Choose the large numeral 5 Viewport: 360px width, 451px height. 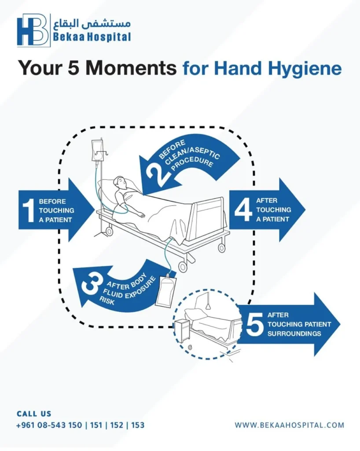(x=254, y=324)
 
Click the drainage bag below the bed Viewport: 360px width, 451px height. (x=166, y=289)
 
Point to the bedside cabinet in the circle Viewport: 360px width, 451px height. (x=182, y=330)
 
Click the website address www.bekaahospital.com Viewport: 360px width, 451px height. (x=289, y=425)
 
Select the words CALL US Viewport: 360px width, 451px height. (x=34, y=414)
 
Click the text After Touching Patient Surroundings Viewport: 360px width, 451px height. (x=299, y=324)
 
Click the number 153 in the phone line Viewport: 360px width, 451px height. (x=138, y=425)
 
